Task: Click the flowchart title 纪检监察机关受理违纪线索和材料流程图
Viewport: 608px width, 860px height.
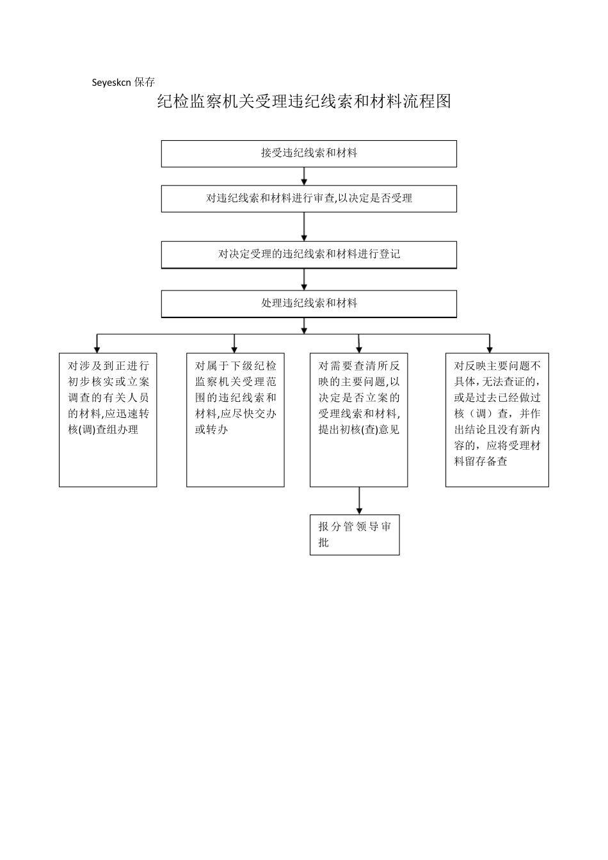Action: point(304,102)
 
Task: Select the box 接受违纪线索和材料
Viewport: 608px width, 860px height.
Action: point(308,154)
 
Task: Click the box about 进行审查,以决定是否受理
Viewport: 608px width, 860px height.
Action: point(308,198)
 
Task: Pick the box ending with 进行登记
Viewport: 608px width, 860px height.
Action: point(308,254)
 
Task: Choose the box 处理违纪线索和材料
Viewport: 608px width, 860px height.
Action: point(308,303)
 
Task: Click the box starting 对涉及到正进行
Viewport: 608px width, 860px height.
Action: point(108,420)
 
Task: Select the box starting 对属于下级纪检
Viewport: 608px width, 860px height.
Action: point(235,420)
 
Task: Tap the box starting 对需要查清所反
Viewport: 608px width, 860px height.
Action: point(358,420)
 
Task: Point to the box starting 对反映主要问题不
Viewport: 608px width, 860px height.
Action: point(497,420)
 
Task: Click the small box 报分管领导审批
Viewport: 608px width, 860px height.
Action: point(355,534)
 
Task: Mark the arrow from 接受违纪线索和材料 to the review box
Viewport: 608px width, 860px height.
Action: point(304,176)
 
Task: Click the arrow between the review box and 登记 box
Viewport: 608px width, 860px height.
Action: point(304,227)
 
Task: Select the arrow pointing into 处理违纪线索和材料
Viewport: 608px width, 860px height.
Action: point(304,280)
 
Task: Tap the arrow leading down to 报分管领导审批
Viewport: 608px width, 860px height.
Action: point(359,500)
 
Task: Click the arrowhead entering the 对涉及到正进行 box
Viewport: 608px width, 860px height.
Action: point(97,348)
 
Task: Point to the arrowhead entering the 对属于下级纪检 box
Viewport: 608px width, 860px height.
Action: point(234,348)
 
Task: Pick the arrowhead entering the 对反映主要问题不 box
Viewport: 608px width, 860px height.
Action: point(490,348)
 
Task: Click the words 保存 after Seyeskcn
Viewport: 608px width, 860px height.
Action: point(145,83)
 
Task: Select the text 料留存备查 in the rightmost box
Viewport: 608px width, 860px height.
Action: point(481,461)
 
